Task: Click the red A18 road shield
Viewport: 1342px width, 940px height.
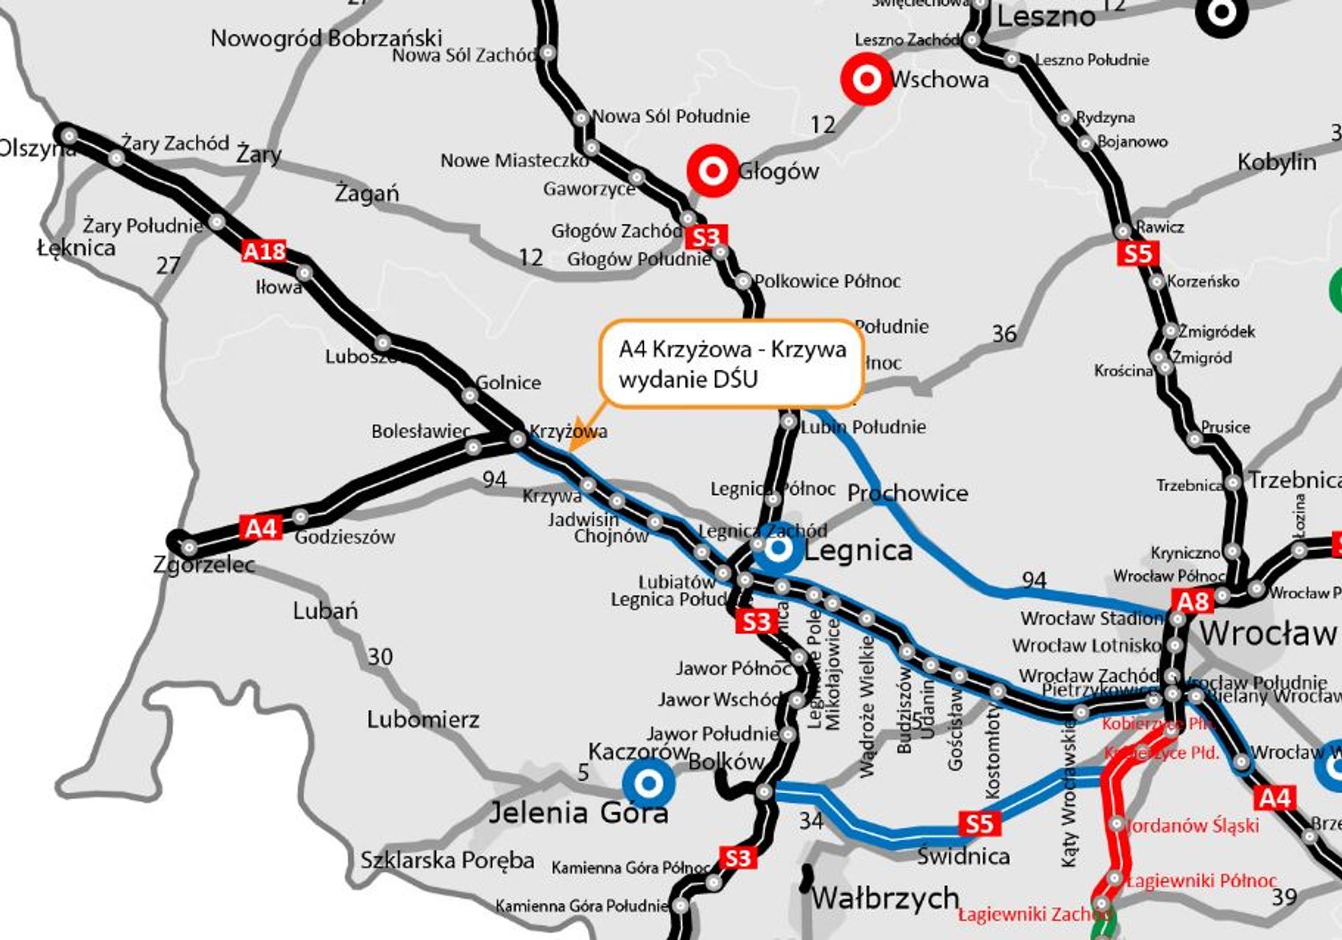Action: point(264,251)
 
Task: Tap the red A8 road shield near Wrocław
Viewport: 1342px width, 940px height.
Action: point(1192,601)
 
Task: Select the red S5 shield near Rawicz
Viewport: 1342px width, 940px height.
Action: point(1137,253)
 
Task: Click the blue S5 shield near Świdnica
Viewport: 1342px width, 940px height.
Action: point(979,823)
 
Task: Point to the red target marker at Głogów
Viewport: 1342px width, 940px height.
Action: point(712,171)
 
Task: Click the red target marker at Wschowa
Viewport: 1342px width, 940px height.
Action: point(866,79)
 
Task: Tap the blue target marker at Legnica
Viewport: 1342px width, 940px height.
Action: point(777,549)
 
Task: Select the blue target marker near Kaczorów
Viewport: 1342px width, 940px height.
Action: point(649,782)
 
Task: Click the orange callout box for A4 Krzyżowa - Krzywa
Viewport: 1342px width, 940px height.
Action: point(731,363)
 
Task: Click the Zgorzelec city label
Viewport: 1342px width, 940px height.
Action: point(204,564)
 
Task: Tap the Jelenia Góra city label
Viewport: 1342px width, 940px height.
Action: point(578,813)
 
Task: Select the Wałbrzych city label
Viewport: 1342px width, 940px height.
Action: point(885,897)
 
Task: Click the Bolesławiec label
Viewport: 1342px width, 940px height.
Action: point(421,431)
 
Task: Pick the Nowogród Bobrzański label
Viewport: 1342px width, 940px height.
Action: point(326,37)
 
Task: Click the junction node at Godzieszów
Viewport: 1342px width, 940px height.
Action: point(301,517)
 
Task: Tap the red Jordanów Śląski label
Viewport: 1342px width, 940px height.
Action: point(1192,825)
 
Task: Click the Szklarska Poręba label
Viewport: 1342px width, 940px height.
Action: point(447,860)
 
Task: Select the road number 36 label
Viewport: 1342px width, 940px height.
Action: point(1004,334)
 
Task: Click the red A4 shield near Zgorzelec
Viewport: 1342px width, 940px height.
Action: point(261,528)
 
